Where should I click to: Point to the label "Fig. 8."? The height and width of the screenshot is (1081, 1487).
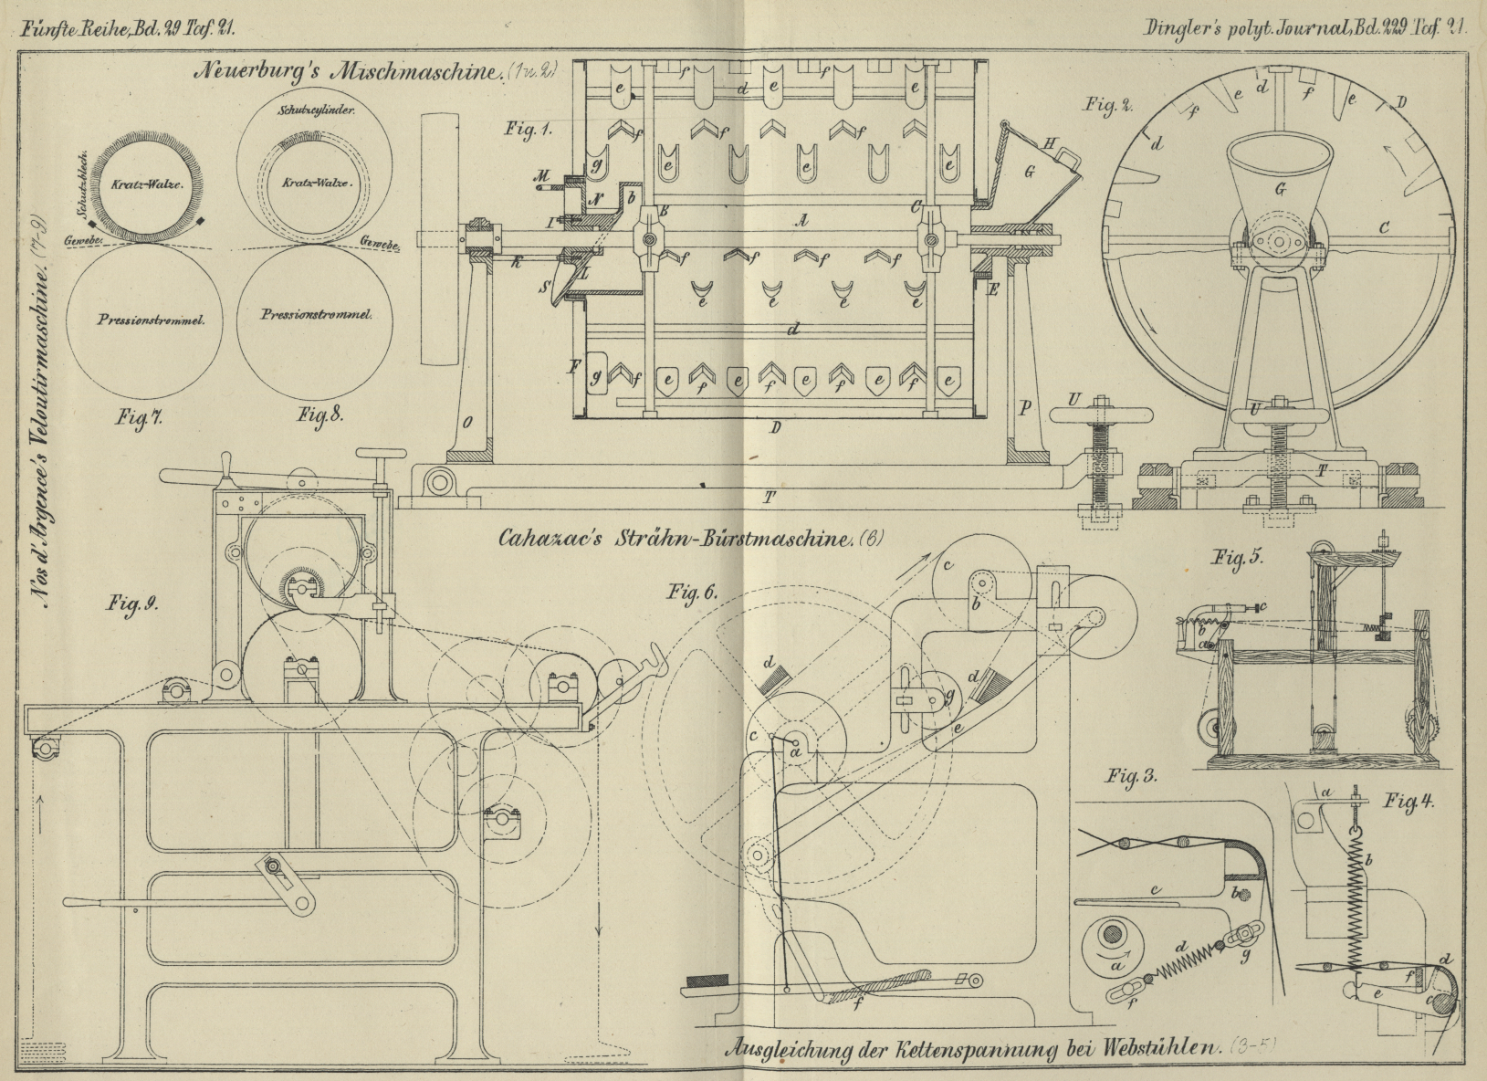point(319,415)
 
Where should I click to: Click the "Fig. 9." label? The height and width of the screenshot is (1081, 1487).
point(128,603)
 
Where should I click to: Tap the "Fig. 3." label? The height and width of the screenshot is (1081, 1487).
point(1132,778)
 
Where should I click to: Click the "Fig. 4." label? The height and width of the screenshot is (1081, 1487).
point(1409,802)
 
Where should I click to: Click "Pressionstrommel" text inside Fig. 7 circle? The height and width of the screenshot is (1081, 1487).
point(140,320)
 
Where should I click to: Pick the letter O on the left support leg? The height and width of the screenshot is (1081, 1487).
point(466,421)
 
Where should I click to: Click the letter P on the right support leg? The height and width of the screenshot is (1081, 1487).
point(1024,408)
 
